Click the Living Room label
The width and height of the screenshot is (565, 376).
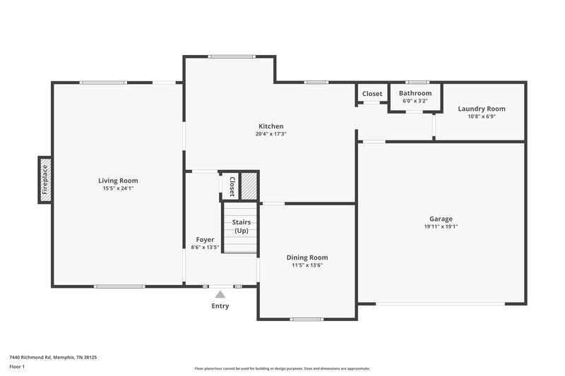(x=118, y=181)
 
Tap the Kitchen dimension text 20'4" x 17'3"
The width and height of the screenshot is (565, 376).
(x=270, y=134)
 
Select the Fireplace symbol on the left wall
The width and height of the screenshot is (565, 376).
(x=44, y=179)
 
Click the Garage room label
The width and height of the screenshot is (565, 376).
(x=441, y=219)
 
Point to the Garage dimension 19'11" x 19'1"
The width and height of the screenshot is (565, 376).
(x=441, y=227)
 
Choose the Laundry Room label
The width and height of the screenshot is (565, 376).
(x=481, y=109)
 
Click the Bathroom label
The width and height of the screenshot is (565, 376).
(x=415, y=93)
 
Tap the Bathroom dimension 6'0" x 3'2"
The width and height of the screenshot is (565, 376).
(x=415, y=101)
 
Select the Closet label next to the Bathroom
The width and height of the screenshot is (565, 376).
(x=372, y=94)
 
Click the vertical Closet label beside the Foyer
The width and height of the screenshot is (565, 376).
(x=231, y=186)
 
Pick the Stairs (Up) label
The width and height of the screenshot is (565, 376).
(x=242, y=226)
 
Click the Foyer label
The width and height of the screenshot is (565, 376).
(x=205, y=240)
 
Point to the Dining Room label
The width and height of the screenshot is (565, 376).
(x=307, y=257)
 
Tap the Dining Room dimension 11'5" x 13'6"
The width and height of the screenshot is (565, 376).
(x=307, y=265)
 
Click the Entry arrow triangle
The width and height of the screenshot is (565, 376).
(x=220, y=294)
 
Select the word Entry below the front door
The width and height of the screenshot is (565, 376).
(x=220, y=306)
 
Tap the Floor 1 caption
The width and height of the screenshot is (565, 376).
(x=18, y=368)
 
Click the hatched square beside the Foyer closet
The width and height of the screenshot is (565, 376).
(x=249, y=186)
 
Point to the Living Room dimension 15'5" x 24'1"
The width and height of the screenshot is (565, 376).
(x=118, y=188)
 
